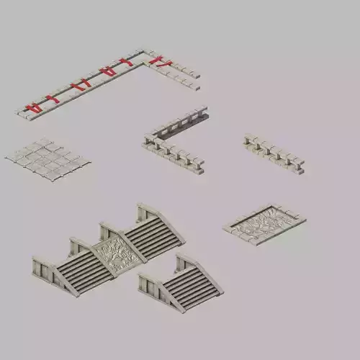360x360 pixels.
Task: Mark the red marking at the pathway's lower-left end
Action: click(x=31, y=109)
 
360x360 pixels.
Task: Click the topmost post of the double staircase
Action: click(x=143, y=209)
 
